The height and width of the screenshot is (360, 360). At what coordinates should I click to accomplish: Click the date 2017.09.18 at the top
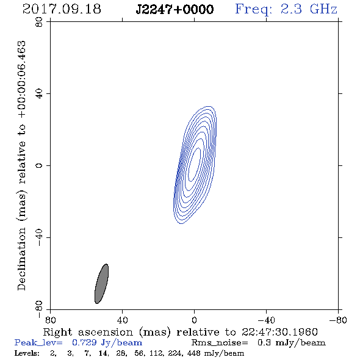[x=62, y=9]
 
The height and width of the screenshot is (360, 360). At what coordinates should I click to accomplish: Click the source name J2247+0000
[x=175, y=9]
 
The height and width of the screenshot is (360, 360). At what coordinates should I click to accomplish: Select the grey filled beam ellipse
[x=101, y=284]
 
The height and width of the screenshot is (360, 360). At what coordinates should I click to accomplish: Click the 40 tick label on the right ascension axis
[x=122, y=320]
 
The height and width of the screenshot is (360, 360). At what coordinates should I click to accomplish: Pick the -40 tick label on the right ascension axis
[x=266, y=320]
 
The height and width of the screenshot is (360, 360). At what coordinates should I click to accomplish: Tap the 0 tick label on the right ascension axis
[x=194, y=320]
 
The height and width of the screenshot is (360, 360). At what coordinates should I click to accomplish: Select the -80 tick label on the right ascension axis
[x=338, y=320]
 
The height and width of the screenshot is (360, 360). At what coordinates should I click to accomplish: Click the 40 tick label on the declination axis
[x=39, y=93]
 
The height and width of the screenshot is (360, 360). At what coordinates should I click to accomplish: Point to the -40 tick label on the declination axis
[x=39, y=237]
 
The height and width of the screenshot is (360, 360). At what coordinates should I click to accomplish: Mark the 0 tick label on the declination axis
[x=39, y=165]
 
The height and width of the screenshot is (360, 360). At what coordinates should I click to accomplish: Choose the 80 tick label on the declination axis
[x=39, y=22]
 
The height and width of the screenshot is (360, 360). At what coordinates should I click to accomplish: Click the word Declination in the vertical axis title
[x=21, y=259]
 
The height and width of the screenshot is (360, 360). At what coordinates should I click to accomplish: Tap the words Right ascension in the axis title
[x=88, y=332]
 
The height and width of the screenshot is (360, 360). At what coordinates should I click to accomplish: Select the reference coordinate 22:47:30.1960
[x=279, y=332]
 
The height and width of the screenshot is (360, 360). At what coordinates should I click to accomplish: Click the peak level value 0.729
[x=84, y=342]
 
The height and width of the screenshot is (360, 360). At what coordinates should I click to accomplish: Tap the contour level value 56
[x=139, y=353]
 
